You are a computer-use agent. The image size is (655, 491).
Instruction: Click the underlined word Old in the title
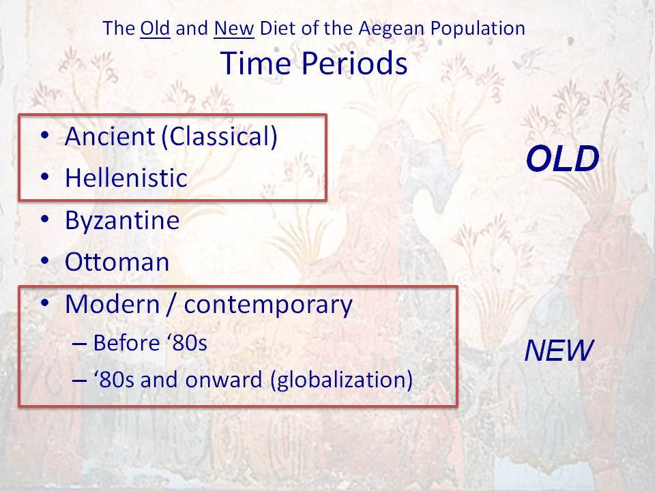point(155,29)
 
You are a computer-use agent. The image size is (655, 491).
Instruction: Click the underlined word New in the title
point(234,29)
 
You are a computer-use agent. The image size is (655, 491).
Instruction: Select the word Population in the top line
point(478,29)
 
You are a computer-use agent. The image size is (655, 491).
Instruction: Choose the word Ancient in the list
point(111,136)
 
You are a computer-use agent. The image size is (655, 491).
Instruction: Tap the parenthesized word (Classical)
point(219,137)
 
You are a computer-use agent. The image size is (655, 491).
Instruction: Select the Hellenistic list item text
point(126,178)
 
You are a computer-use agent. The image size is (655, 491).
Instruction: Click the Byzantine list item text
point(122,220)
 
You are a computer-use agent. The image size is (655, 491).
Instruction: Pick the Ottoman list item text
point(117,262)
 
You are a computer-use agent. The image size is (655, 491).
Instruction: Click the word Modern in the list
point(113,304)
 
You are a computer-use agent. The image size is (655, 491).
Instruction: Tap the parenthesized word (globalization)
point(342,380)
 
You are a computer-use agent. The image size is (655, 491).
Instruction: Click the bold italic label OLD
point(563,159)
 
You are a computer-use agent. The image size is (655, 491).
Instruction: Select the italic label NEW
point(559,351)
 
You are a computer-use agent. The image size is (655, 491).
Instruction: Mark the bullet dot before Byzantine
point(45,219)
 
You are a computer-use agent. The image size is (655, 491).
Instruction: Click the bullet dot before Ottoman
point(45,261)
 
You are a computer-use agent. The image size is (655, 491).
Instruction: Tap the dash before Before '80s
point(79,344)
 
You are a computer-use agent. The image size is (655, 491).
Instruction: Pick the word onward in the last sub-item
point(224,380)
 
